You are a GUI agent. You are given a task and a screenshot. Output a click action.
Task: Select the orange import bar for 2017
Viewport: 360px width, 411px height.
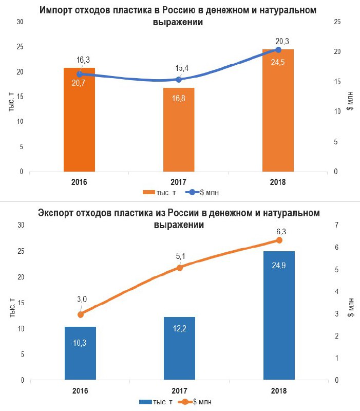point(179,134)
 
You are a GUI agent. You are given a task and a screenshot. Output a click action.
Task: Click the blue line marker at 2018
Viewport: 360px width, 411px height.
point(279,50)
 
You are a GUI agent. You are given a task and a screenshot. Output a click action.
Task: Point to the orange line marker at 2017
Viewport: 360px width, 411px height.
point(179,268)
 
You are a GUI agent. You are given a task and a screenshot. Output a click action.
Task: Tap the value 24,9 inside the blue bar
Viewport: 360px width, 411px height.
point(279,266)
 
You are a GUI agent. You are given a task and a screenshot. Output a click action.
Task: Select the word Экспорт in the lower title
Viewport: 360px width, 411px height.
point(59,213)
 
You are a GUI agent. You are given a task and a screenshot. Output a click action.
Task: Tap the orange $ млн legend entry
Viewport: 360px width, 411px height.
point(196,402)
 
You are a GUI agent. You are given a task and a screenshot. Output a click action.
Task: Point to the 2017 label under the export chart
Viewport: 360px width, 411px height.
point(179,390)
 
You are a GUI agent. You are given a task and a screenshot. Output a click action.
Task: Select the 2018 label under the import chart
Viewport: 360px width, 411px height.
point(278,182)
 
